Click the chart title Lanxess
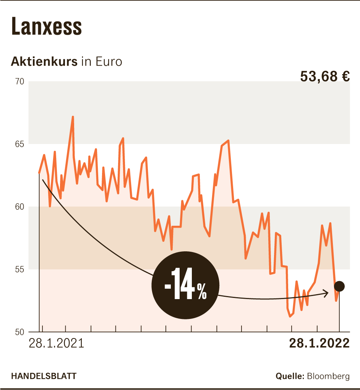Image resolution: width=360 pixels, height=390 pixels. point(46,26)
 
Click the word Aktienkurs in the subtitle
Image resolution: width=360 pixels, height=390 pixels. point(44,61)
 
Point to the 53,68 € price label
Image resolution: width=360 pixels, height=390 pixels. point(325,76)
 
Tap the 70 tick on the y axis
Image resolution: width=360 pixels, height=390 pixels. point(20,82)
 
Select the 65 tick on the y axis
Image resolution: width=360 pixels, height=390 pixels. point(20,144)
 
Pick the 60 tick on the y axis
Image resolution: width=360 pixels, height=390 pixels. point(20,207)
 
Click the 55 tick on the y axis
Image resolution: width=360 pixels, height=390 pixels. point(20,270)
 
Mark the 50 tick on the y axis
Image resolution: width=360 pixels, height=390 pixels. point(20,332)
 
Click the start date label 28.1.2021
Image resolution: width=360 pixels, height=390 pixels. point(56,343)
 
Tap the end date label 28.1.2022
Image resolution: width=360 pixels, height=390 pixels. point(319,343)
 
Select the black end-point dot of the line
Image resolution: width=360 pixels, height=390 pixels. point(339,286)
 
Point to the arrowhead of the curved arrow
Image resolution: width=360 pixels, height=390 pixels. point(327,293)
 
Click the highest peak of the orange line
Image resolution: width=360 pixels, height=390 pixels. point(73,117)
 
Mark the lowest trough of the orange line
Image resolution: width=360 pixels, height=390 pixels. point(290,316)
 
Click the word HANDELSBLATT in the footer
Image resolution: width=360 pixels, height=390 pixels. point(44,376)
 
